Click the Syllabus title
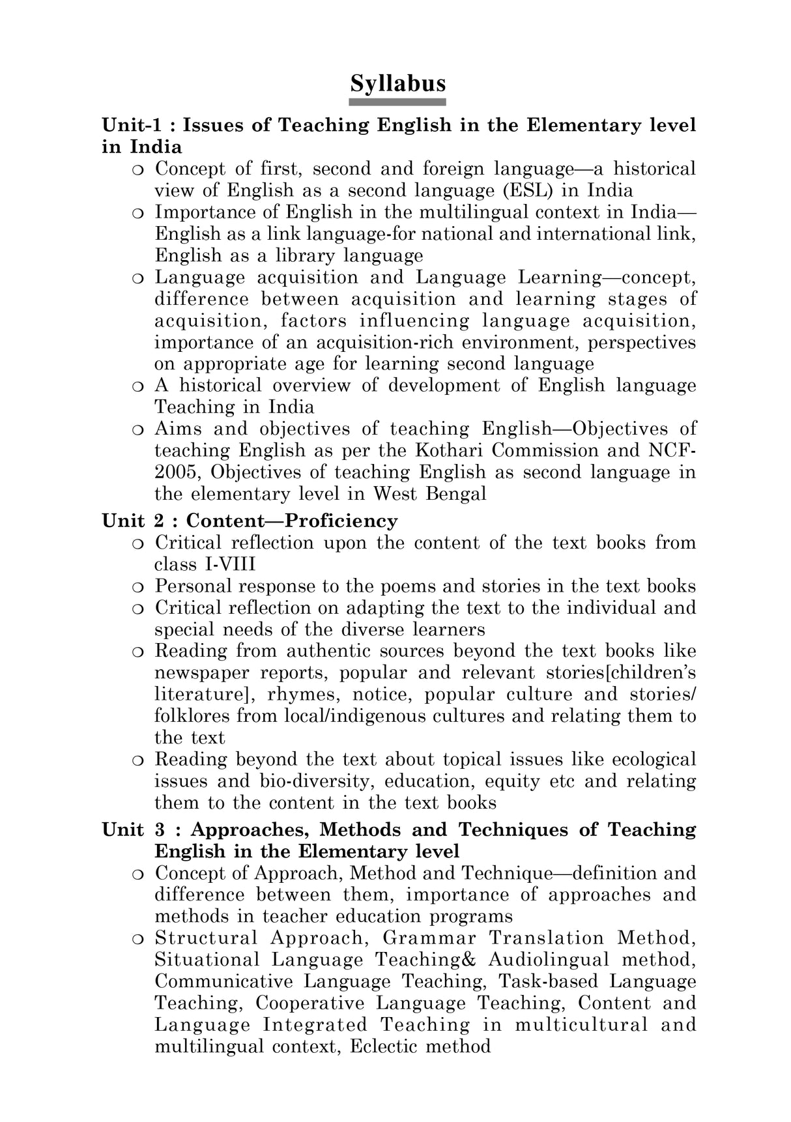[397, 83]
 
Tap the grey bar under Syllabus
[397, 102]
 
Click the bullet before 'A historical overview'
[137, 386]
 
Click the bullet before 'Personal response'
[137, 587]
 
